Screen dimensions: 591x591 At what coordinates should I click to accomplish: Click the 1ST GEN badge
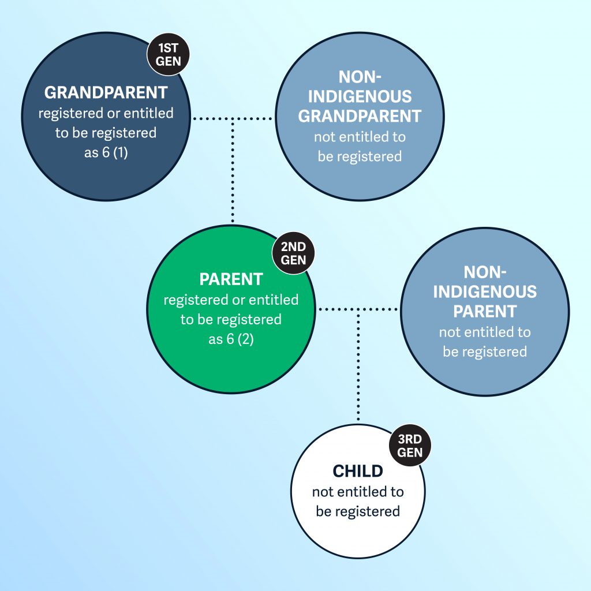pos(168,54)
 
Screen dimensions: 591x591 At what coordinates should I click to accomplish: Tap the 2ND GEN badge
pos(294,253)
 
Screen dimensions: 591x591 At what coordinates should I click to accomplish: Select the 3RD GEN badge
pos(410,446)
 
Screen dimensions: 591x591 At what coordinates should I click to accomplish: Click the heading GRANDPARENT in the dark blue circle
pos(106,92)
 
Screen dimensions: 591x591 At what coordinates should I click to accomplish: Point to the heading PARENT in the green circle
pos(231,279)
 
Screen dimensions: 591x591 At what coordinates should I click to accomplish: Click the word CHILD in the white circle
pos(358,472)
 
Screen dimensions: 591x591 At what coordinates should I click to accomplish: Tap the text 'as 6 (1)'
pos(106,152)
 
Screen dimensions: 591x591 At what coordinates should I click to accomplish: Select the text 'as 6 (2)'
pos(231,339)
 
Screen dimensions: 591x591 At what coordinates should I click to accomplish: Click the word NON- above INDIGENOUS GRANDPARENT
pos(359,77)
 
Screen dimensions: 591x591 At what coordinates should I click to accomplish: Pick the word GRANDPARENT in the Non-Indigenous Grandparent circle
pos(359,116)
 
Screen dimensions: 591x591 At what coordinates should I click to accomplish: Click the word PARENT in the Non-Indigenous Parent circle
pos(484,311)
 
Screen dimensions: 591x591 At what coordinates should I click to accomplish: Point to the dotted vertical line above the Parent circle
pos(233,173)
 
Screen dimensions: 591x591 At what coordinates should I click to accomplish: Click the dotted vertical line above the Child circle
pos(358,369)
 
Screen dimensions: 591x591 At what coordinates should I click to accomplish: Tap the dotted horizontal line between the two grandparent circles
pos(233,119)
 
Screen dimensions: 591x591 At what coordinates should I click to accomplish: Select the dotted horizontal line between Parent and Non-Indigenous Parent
pos(358,309)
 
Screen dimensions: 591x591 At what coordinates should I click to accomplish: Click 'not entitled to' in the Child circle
pos(358,492)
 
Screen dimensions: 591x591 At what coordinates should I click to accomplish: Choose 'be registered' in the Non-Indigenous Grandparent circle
pos(359,156)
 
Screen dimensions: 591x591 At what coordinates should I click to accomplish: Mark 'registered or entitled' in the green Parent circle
pos(231,300)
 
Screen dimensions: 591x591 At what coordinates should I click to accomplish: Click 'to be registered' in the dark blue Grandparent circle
pos(106,133)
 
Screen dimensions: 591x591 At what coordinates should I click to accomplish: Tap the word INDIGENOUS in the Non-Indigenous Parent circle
pos(484,291)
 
